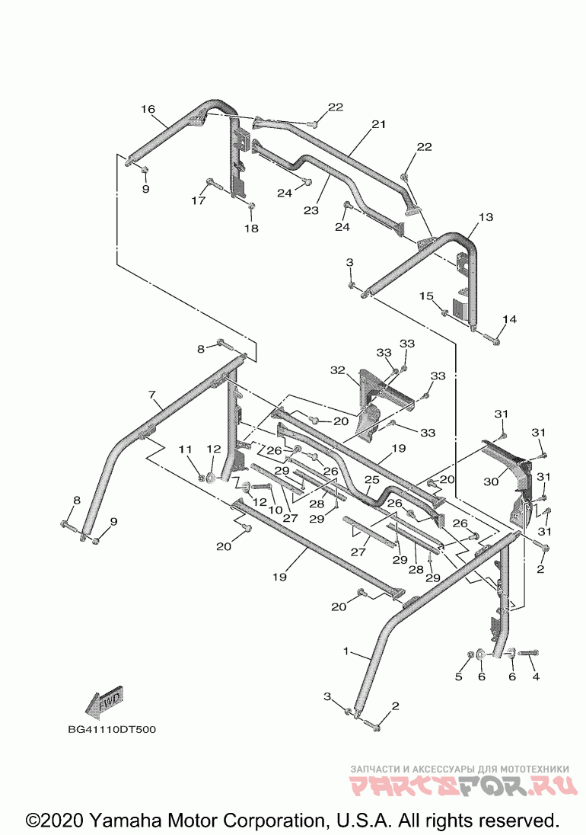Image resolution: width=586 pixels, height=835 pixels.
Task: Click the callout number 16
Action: click(148, 109)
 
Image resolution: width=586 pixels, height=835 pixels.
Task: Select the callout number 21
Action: click(378, 124)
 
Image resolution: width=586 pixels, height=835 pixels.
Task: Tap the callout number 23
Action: click(311, 210)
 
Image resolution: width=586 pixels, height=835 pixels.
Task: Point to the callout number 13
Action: click(486, 216)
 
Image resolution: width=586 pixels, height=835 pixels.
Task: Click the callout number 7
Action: click(151, 395)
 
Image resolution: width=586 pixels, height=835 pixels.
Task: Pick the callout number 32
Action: click(338, 370)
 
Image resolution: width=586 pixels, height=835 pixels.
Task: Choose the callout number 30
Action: click(491, 481)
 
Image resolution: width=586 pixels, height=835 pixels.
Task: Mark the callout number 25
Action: click(371, 480)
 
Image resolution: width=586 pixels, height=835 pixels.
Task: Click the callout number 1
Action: click(346, 651)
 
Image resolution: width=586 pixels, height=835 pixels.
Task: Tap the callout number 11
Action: click(184, 449)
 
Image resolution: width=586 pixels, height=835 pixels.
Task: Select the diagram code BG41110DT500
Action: click(112, 729)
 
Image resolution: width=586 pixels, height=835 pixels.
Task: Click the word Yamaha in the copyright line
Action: click(126, 819)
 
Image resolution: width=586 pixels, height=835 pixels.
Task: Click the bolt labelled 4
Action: click(529, 652)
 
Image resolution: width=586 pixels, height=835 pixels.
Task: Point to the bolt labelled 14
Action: click(492, 337)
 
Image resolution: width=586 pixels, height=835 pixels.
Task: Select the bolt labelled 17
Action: click(215, 185)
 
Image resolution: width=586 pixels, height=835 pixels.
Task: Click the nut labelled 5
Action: click(470, 654)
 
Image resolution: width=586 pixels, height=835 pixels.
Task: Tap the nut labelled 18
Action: click(252, 206)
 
